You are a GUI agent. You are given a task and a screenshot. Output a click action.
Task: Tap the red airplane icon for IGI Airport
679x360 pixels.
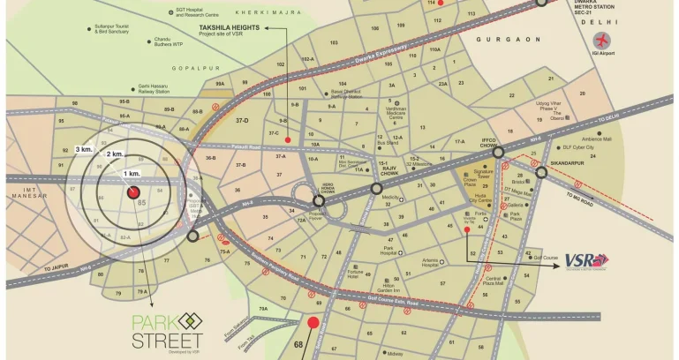coord(603,41)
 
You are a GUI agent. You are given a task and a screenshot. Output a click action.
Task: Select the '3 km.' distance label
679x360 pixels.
coord(84,150)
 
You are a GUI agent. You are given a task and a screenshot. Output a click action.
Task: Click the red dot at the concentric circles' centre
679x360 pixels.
coord(133,191)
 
